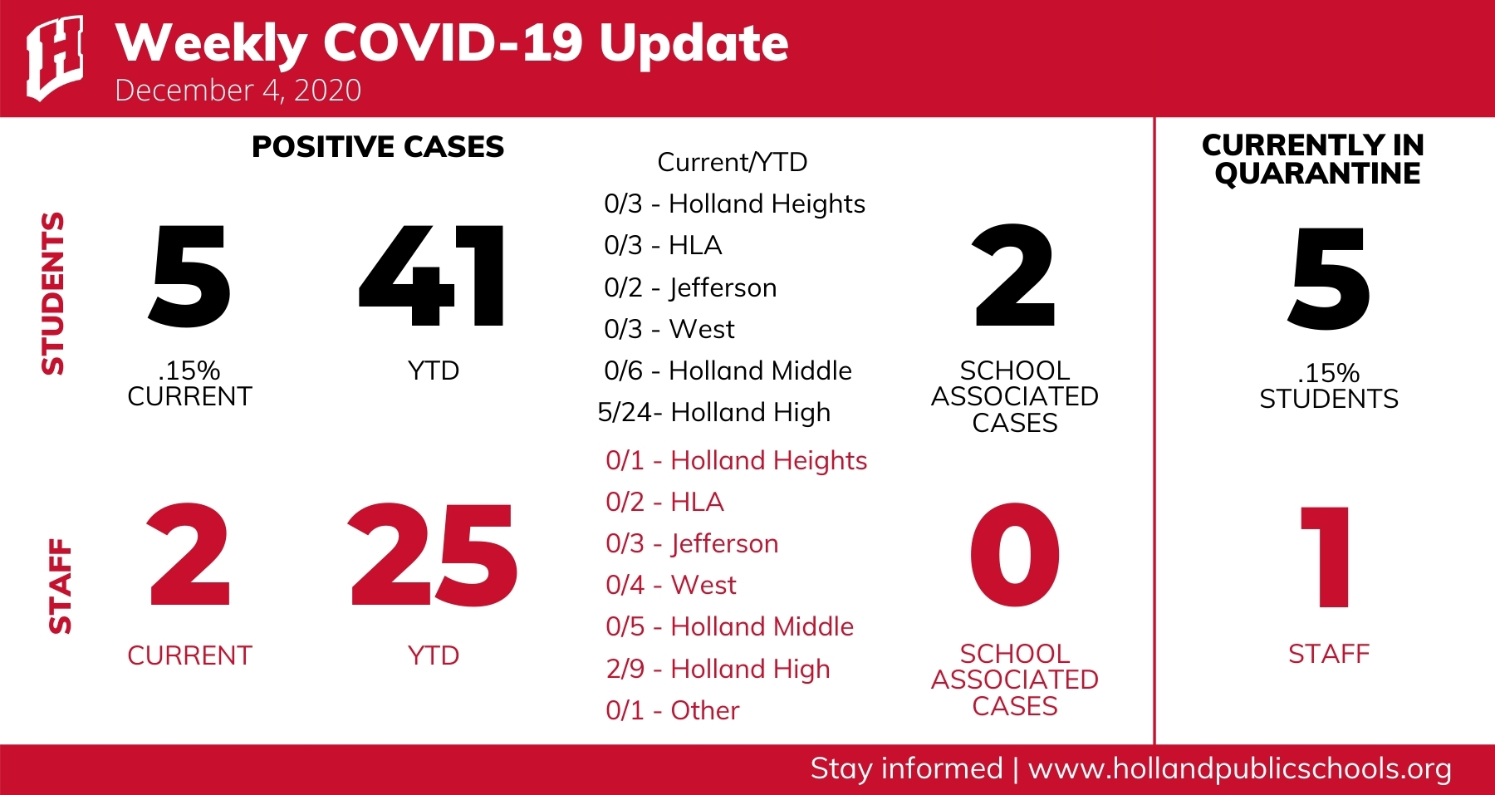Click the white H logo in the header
(x=55, y=58)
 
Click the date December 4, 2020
(x=238, y=90)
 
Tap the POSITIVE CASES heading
(x=378, y=147)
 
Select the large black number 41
(x=432, y=277)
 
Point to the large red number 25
(x=433, y=556)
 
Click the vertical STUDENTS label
(x=53, y=293)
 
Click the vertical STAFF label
(x=60, y=586)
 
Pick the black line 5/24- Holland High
(x=714, y=413)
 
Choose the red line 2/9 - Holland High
(x=718, y=670)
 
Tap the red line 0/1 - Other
(x=672, y=710)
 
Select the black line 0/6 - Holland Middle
(x=728, y=371)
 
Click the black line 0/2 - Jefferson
(x=690, y=288)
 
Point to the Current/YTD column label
(x=733, y=162)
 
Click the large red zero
(x=1015, y=555)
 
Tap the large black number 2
(x=1014, y=276)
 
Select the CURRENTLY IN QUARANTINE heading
(x=1313, y=159)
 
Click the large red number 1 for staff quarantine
(x=1326, y=557)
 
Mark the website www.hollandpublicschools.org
(x=1240, y=769)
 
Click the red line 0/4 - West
(x=671, y=585)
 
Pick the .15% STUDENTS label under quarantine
(x=1329, y=385)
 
